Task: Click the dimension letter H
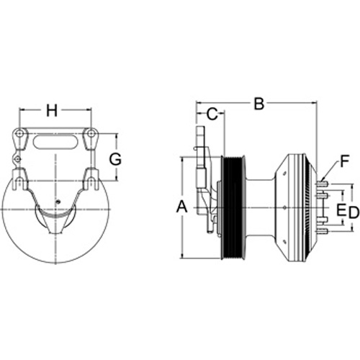(x=52, y=111)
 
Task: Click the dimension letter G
(x=115, y=159)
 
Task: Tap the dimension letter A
(x=181, y=207)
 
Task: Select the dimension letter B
(x=259, y=104)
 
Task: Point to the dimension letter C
(x=212, y=114)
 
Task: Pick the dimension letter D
(x=354, y=212)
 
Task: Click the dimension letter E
(x=341, y=210)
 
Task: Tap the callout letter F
(x=344, y=161)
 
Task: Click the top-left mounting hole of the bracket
(x=19, y=133)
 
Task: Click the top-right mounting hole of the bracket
(x=91, y=133)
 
